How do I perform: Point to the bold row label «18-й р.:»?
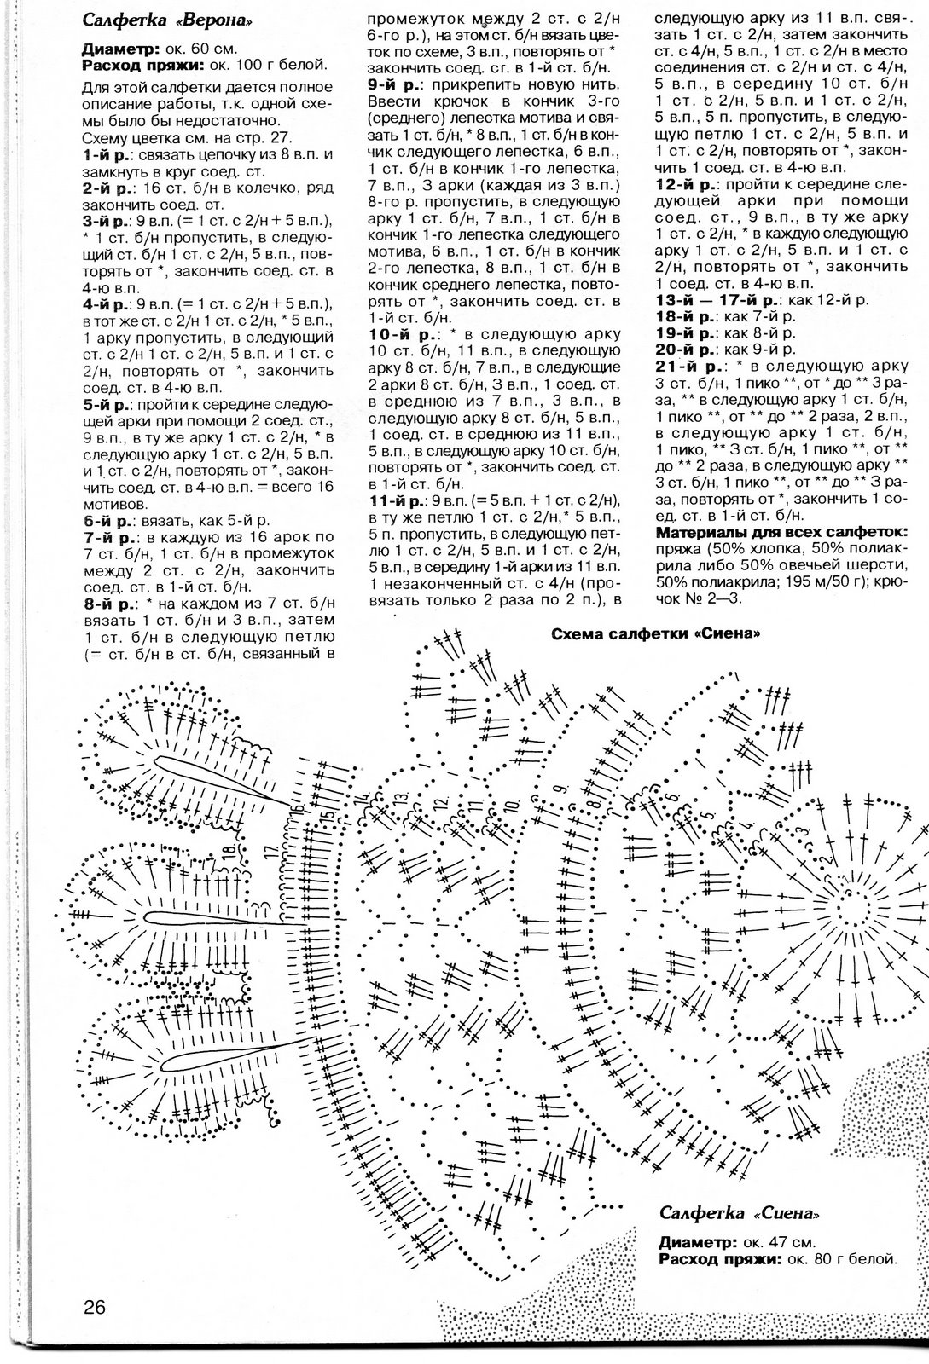click(687, 316)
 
